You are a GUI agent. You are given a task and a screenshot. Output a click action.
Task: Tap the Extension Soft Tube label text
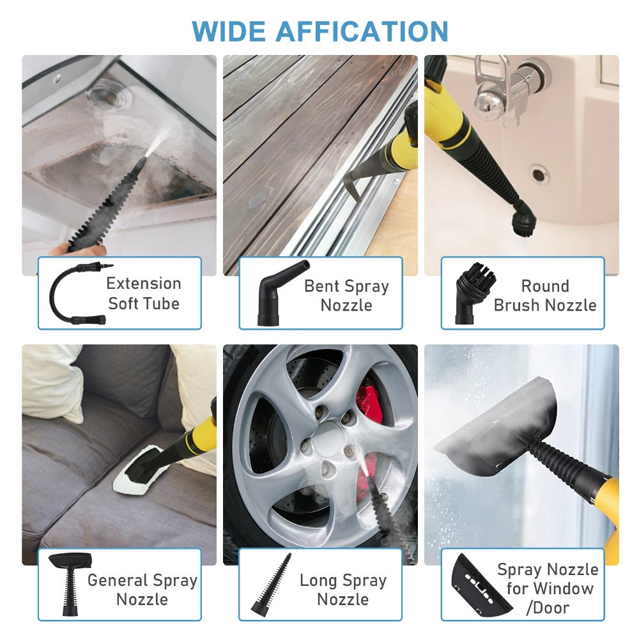143,293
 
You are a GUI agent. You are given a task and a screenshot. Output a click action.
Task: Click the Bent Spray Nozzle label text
346,295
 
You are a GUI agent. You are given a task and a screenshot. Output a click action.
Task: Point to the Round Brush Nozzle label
544,295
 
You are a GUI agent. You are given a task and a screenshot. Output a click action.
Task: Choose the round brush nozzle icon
475,293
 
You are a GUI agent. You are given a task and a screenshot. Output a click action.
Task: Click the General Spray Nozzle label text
142,589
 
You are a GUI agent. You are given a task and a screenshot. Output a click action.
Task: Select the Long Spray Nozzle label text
343,589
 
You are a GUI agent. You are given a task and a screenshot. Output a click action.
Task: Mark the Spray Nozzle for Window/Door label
548,588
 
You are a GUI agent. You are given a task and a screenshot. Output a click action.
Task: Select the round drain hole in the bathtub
538,174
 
